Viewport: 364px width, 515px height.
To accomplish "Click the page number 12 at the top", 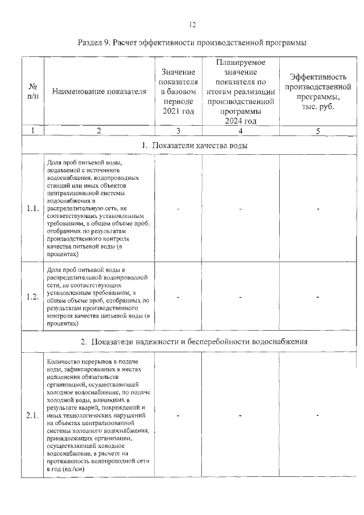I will coord(192,24).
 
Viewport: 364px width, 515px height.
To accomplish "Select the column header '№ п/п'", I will coord(32,91).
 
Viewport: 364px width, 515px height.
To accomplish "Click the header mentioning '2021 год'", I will coord(178,91).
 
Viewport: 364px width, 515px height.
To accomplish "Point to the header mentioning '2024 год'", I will coord(241,91).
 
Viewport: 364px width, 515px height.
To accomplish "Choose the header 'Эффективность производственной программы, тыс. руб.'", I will coord(317,91).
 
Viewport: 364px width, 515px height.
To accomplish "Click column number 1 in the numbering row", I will coord(32,131).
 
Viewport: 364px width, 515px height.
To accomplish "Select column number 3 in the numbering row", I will coord(178,131).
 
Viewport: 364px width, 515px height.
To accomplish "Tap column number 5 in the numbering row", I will coord(317,131).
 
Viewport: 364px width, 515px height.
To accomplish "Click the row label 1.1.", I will coord(32,209).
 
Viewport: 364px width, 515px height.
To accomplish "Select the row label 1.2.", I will coord(32,296).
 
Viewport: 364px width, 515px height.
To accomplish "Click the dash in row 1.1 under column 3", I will coord(178,209).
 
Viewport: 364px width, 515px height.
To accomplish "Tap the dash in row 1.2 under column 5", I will coord(317,296).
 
